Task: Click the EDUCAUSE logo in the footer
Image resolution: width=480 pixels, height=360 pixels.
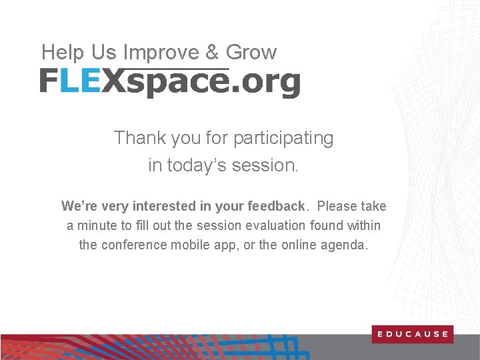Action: click(412, 334)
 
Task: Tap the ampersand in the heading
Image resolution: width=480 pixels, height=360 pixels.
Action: click(211, 53)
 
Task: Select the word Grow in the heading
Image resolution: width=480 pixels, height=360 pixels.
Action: click(251, 53)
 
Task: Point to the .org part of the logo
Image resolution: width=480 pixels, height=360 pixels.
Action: click(265, 83)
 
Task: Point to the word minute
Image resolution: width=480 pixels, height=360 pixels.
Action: click(97, 226)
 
